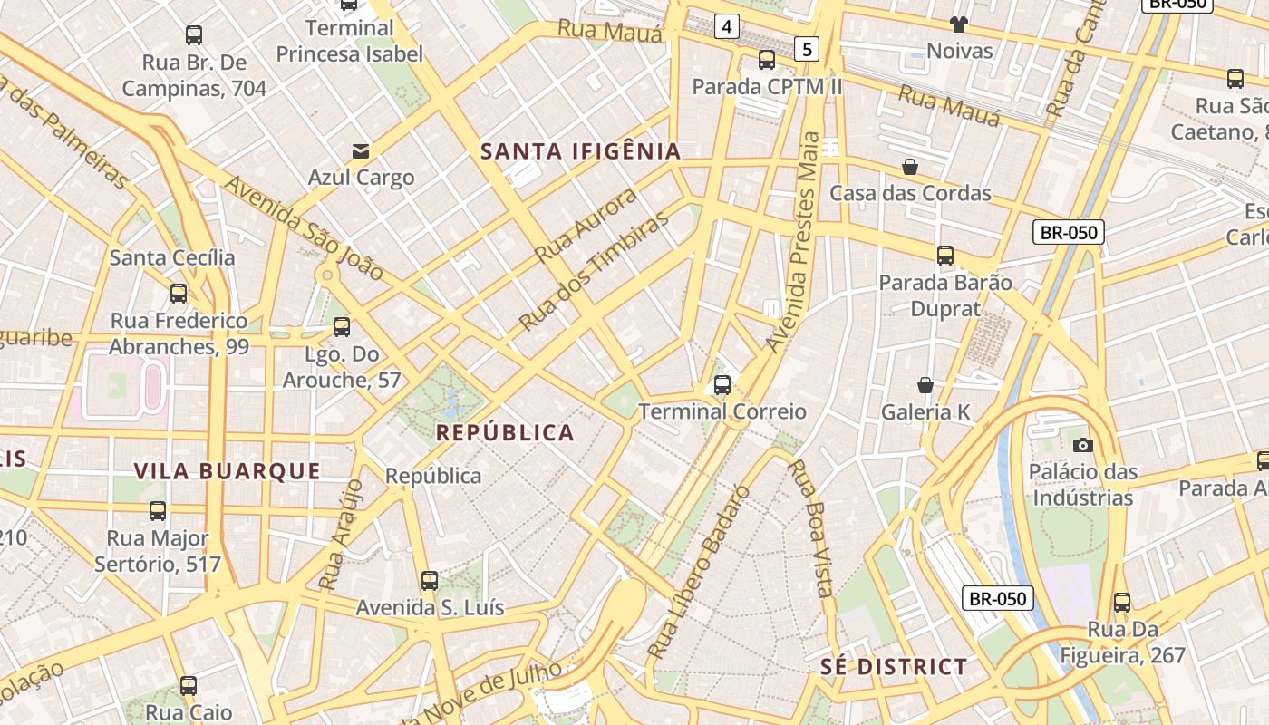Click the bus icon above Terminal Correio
722,385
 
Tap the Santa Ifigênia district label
580,151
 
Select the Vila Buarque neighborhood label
228,471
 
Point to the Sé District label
894,668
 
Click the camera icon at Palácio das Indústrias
1082,445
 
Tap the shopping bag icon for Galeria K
925,386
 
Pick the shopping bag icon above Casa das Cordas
910,167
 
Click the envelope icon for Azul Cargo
361,150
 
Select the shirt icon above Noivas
959,24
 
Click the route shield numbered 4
725,26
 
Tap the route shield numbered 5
807,48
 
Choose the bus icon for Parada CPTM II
767,60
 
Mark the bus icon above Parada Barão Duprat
945,256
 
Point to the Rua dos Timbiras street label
595,271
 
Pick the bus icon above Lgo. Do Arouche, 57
342,327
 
